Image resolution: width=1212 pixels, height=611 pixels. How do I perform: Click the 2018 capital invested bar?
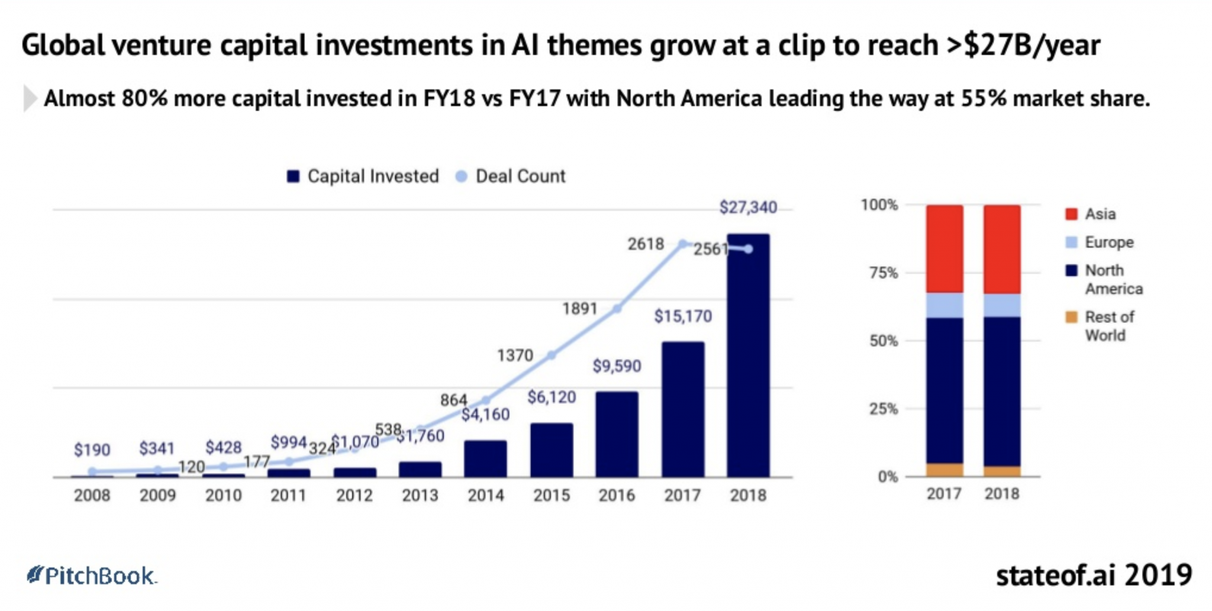point(748,355)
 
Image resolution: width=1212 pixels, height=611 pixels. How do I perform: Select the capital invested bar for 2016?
point(617,434)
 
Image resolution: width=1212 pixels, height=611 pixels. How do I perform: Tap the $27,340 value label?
point(748,208)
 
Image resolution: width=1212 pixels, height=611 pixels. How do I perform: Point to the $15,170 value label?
point(682,316)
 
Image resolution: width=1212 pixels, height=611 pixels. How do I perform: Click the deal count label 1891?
point(579,309)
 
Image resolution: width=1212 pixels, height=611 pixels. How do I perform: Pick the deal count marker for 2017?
point(682,244)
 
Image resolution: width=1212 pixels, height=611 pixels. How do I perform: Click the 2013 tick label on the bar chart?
point(420,496)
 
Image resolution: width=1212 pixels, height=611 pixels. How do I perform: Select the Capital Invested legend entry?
point(363,176)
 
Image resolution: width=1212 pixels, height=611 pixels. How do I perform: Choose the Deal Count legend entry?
point(511,176)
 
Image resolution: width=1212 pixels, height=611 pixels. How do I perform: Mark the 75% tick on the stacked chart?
point(884,273)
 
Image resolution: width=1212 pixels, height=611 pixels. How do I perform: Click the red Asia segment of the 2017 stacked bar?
point(945,248)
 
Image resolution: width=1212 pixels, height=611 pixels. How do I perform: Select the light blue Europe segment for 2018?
point(1002,305)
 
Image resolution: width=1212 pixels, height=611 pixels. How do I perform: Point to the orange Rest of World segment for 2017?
point(945,470)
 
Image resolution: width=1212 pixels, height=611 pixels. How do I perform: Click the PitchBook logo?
point(92,576)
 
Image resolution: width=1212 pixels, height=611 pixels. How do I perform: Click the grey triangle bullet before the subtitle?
point(29,99)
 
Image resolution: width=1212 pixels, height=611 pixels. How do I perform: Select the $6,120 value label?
point(552,397)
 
